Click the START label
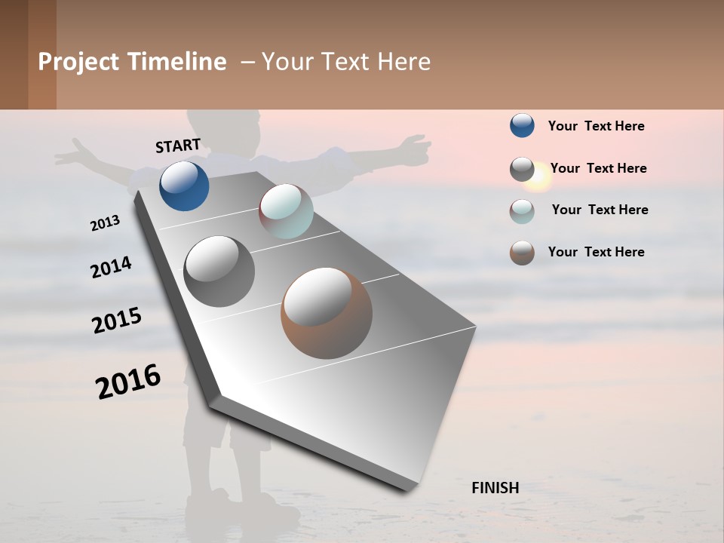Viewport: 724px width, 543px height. click(x=178, y=146)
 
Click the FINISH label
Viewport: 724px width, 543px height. click(x=495, y=488)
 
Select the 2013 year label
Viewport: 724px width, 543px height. click(x=105, y=222)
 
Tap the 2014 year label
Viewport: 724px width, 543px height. click(x=111, y=267)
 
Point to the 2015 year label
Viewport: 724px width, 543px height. click(x=117, y=321)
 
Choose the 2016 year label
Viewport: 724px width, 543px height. click(x=128, y=381)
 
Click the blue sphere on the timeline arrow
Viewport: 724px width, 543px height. click(x=184, y=186)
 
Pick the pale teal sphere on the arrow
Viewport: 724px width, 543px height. click(x=286, y=210)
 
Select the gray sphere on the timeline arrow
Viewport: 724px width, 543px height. click(x=219, y=271)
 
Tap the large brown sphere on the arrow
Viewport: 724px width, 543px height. click(x=327, y=312)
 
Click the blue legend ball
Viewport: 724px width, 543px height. click(x=522, y=125)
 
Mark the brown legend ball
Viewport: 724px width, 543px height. click(x=522, y=252)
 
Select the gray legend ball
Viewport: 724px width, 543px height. click(x=522, y=168)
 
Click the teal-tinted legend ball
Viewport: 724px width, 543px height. click(x=522, y=210)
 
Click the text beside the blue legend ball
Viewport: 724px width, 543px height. click(x=596, y=126)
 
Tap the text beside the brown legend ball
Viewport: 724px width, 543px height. click(x=596, y=252)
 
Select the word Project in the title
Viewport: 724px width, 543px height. click(x=79, y=62)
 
